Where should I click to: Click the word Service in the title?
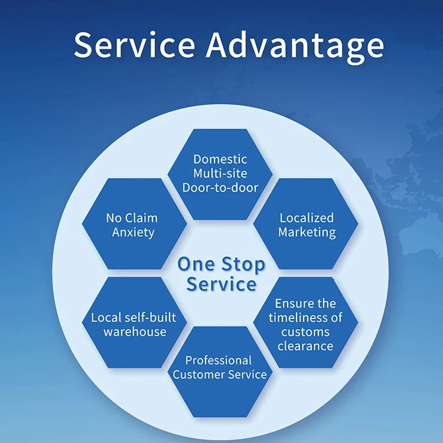click(135, 45)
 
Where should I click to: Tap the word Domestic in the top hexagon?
click(220, 159)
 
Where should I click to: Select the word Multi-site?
click(220, 174)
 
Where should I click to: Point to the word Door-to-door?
click(220, 188)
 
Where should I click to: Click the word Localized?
click(307, 218)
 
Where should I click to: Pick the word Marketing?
click(307, 232)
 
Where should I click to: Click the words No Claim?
click(132, 218)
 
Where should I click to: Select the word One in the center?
click(197, 263)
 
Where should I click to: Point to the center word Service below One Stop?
click(221, 284)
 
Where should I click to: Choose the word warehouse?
click(135, 331)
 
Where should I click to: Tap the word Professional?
click(219, 360)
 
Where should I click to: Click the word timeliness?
click(298, 318)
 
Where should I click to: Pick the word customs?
click(305, 332)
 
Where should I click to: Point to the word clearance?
click(306, 346)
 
